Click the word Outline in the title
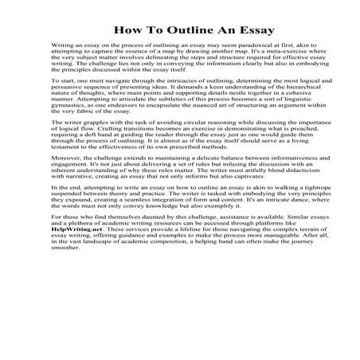click(x=184, y=30)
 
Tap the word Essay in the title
click(x=253, y=30)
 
